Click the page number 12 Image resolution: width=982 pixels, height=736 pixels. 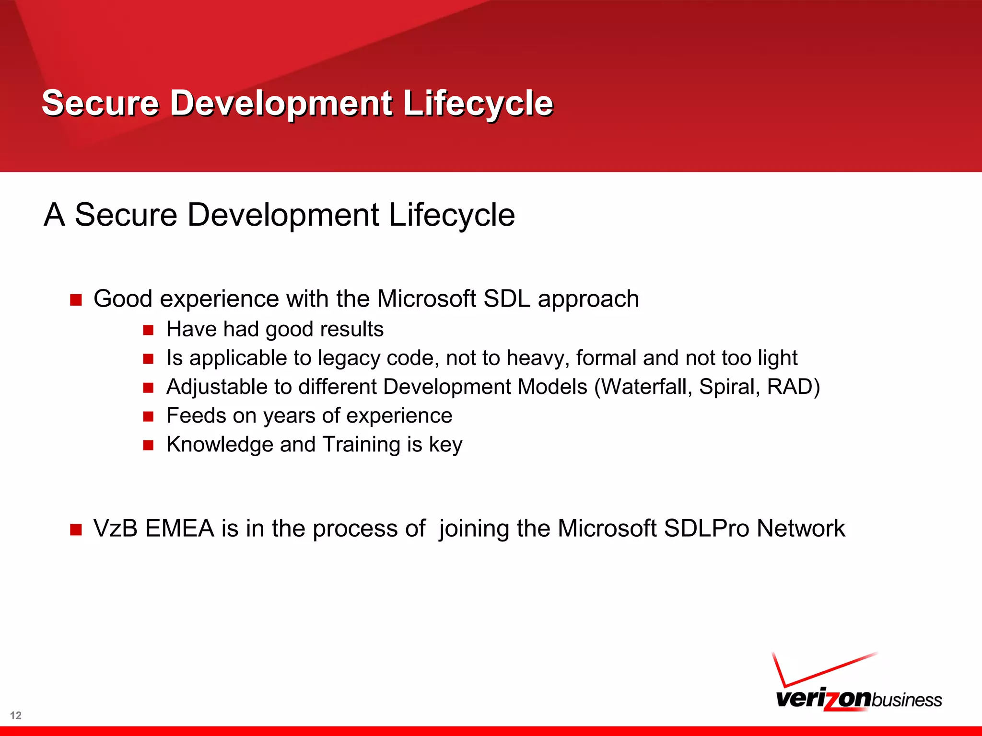tap(16, 715)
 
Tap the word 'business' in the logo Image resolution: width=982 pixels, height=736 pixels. tap(907, 700)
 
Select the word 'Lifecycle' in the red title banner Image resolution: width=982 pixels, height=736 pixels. tap(478, 103)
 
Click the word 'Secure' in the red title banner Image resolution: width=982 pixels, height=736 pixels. tap(100, 103)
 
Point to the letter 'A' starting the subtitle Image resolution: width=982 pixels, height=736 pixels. tap(54, 215)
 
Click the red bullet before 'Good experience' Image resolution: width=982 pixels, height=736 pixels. tap(76, 300)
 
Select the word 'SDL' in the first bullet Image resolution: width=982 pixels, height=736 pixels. tap(507, 299)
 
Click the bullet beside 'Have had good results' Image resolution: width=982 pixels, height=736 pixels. tap(148, 330)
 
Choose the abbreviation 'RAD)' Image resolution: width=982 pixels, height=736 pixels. tap(794, 387)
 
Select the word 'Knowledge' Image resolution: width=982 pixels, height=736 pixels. tap(220, 445)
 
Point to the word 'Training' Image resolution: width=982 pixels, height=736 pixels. tap(361, 445)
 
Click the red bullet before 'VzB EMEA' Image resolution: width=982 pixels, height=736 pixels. tap(76, 530)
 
